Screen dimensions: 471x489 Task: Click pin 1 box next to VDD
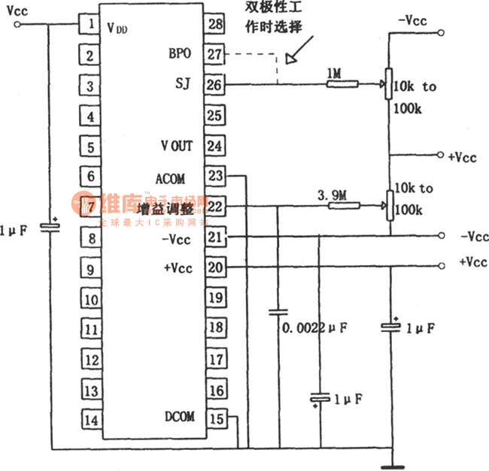click(x=90, y=24)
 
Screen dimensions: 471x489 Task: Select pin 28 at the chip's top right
click(x=215, y=24)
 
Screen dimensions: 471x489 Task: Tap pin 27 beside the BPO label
click(x=215, y=54)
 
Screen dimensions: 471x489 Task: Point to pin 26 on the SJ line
click(x=215, y=85)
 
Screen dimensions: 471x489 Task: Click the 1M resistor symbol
click(x=342, y=85)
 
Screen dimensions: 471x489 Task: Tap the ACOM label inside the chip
click(x=170, y=179)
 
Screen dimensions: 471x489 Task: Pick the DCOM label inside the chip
click(x=179, y=416)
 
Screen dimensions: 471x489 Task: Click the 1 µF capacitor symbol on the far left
click(x=52, y=226)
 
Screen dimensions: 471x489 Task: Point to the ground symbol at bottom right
click(x=390, y=465)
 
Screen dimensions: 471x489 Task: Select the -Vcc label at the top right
click(x=412, y=20)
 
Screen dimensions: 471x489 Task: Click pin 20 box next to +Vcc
click(x=215, y=267)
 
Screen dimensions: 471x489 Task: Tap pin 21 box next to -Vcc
click(x=215, y=237)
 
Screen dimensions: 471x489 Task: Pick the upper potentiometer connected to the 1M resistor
click(x=389, y=84)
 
